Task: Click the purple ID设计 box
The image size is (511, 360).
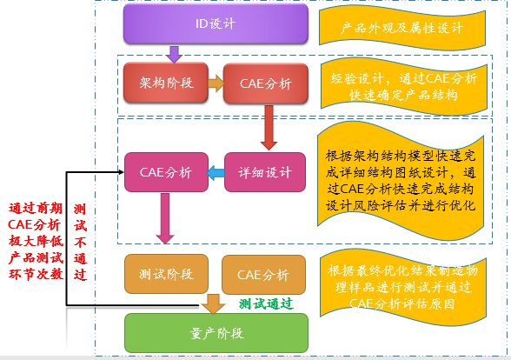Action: [x=216, y=23]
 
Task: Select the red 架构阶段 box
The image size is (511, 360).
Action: [x=166, y=83]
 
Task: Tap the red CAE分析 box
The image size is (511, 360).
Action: [x=266, y=83]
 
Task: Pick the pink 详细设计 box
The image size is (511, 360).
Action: [x=265, y=172]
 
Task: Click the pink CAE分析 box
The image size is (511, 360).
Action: [x=166, y=172]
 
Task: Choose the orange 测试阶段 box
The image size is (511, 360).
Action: [x=166, y=274]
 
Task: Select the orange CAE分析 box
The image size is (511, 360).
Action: [x=263, y=275]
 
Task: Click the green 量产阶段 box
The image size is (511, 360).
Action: [x=216, y=333]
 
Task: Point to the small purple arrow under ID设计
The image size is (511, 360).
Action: [x=174, y=55]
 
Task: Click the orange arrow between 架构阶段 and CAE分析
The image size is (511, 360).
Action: [x=216, y=83]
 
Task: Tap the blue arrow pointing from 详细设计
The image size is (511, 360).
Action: [x=216, y=173]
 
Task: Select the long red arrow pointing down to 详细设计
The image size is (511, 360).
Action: [x=269, y=128]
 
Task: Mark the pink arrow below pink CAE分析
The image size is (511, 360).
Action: [x=165, y=218]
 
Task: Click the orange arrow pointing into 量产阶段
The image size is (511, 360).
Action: [x=213, y=304]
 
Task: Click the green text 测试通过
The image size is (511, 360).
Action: [x=266, y=304]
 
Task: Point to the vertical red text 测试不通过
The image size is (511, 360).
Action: [x=80, y=242]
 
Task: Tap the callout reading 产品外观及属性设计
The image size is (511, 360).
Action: [x=402, y=28]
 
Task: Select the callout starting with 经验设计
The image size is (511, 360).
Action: [x=404, y=87]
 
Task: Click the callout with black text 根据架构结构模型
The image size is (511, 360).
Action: [x=401, y=181]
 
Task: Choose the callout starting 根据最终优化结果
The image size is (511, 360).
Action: [x=403, y=287]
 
